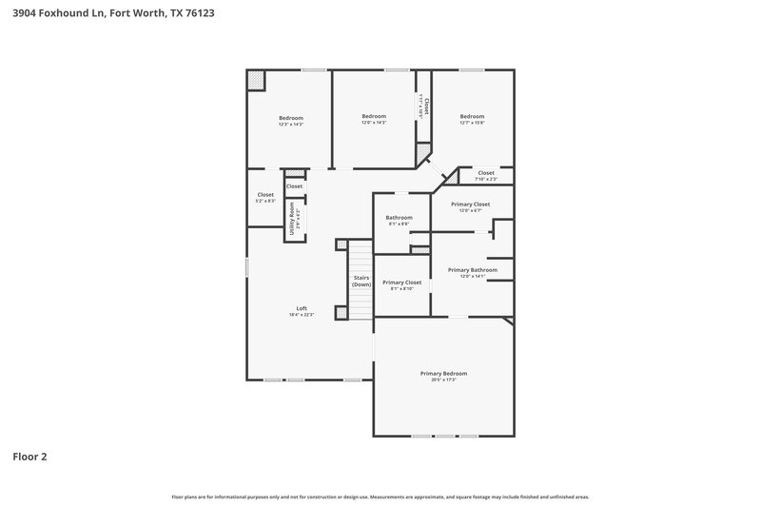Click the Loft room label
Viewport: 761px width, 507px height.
pos(302,308)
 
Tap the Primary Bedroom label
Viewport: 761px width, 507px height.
pos(443,373)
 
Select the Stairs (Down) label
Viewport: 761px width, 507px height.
pos(361,281)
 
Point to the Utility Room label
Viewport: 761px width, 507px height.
pos(292,218)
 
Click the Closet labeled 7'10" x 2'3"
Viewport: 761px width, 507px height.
pos(486,173)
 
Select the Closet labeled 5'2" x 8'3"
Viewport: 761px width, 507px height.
pos(265,195)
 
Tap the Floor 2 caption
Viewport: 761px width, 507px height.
pos(29,457)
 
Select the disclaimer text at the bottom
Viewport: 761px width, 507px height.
pos(380,497)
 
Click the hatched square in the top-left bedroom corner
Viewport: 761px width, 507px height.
pos(256,80)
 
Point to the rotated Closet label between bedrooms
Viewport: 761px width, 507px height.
pos(427,106)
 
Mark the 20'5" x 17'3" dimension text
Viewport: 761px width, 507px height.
pos(443,380)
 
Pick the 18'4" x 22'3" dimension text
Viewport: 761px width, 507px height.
pos(302,314)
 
